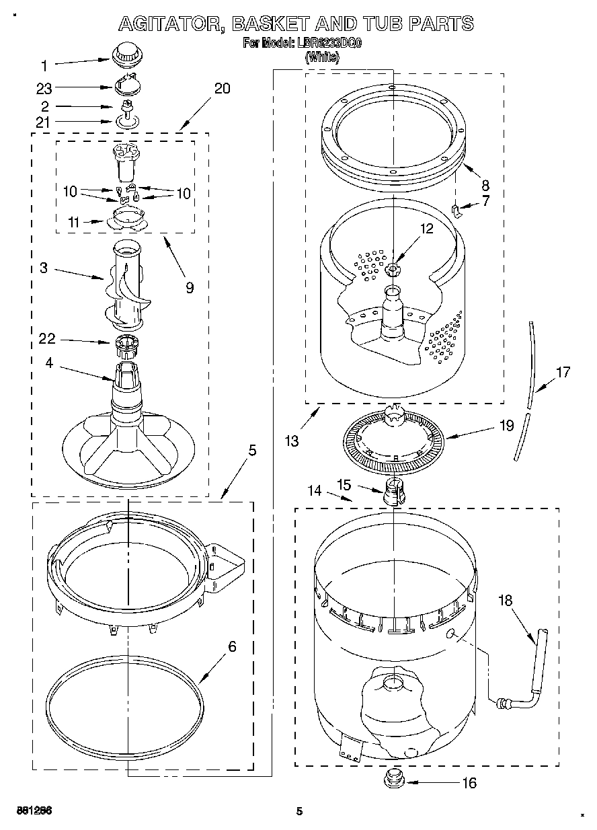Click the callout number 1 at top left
(44, 66)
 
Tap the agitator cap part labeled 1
(123, 53)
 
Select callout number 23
(44, 87)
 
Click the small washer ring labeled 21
(126, 121)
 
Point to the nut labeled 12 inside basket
(393, 270)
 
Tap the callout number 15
(344, 484)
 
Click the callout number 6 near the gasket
(232, 646)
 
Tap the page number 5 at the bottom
(301, 811)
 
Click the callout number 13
(290, 441)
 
